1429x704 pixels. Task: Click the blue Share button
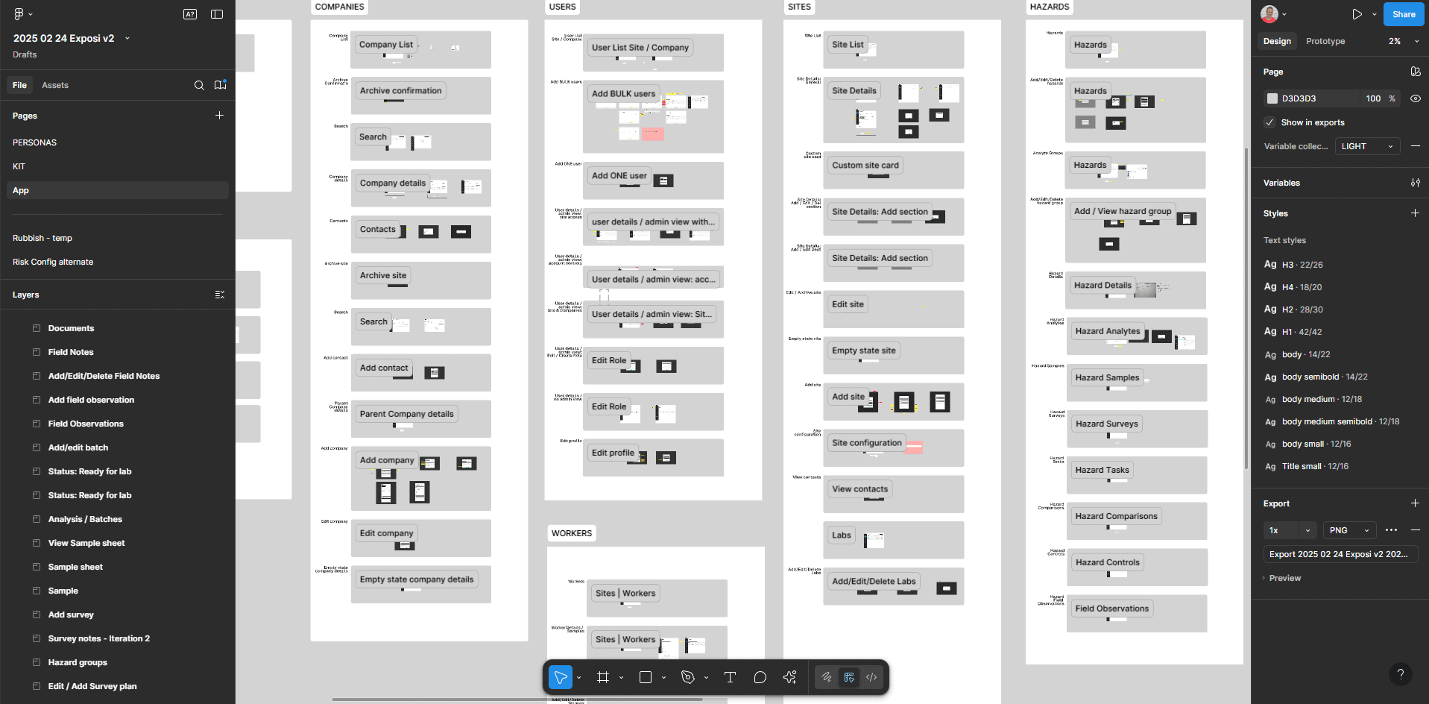1403,14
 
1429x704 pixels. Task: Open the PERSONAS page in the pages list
34,142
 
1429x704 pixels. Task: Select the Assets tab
55,85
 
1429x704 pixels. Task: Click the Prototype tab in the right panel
1325,41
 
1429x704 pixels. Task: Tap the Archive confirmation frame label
400,91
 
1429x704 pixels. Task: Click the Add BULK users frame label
623,94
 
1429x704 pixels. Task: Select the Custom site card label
865,166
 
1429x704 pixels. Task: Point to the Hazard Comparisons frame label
1116,516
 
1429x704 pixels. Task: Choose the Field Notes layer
71,352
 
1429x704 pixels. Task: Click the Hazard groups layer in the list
78,662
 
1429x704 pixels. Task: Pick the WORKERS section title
571,533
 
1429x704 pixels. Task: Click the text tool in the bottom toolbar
730,677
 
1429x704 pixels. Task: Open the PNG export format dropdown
1348,530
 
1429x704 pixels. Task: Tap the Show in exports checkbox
1269,122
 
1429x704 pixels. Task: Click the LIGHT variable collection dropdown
1366,146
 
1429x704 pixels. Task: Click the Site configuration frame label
866,443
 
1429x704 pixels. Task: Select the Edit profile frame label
613,453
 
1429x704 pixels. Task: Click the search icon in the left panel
199,85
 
